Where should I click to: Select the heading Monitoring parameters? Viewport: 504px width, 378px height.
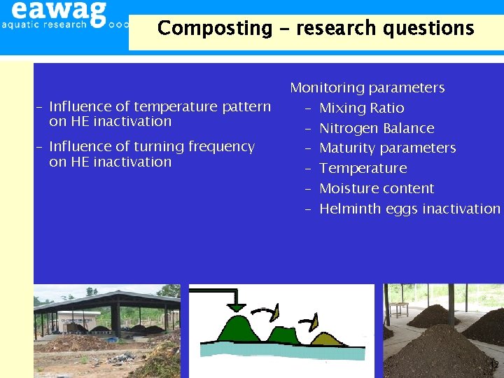tap(367, 87)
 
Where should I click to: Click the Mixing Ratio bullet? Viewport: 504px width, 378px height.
tap(361, 108)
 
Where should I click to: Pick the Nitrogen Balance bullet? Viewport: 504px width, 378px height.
tap(377, 128)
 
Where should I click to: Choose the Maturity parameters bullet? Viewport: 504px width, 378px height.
tap(387, 148)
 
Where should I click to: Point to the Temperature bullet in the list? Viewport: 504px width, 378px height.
tap(363, 168)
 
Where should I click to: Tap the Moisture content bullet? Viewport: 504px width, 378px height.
tap(377, 188)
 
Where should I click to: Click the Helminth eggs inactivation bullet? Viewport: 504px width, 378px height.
tap(409, 209)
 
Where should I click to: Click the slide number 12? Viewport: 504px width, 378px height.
tap(493, 365)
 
